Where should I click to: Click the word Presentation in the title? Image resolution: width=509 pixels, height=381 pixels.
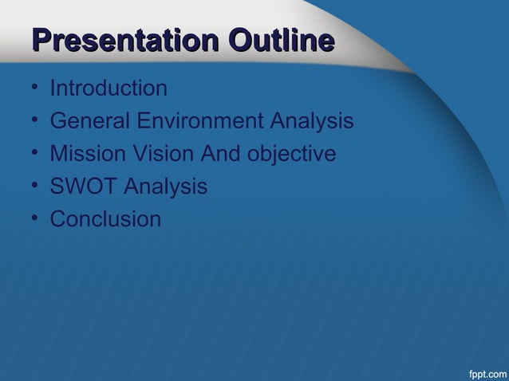pos(125,41)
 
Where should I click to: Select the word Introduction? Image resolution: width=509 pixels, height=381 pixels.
pos(109,88)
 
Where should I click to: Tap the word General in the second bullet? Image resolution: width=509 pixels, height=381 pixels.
pos(89,122)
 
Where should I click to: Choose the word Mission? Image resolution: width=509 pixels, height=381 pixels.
pos(86,154)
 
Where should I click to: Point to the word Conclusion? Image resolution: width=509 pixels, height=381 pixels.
pos(105,218)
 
